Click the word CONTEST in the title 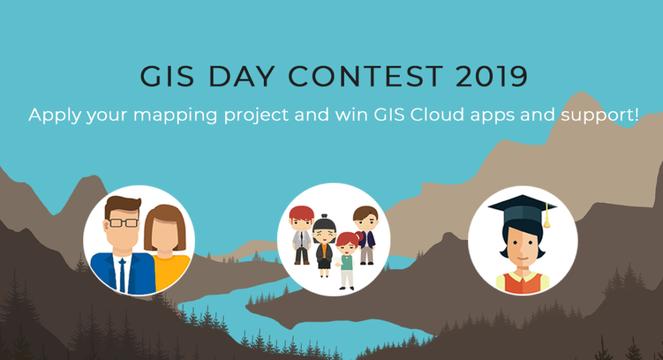366,76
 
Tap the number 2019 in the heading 492,76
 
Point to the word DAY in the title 242,76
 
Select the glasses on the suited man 124,223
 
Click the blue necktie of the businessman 122,274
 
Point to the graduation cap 522,210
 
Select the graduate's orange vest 523,282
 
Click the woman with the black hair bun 324,246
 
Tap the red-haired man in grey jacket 302,235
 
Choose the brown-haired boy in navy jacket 366,235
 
